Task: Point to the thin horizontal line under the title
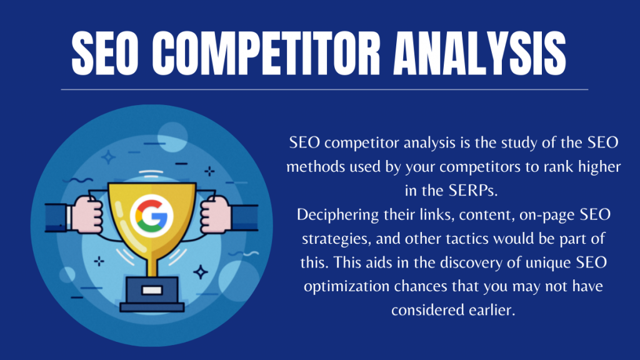pyautogui.click(x=324, y=89)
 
